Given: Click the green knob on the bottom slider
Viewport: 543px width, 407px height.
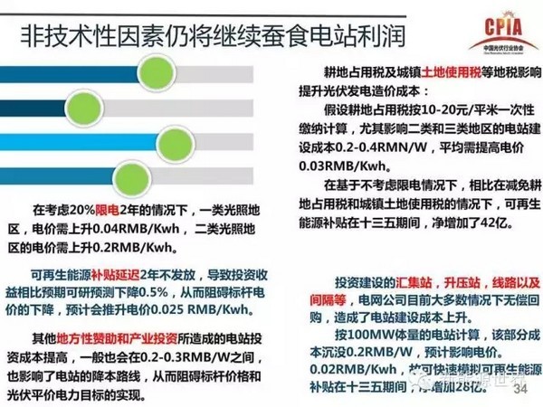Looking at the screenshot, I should (x=95, y=171).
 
